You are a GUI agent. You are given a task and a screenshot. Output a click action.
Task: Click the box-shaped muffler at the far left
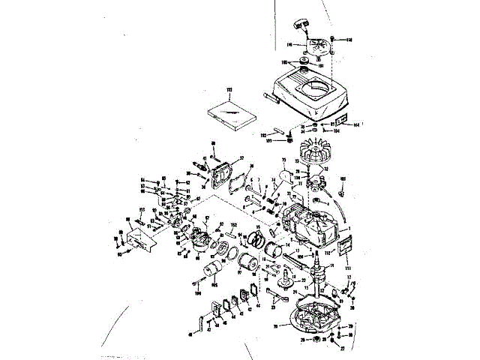tap(139, 239)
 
